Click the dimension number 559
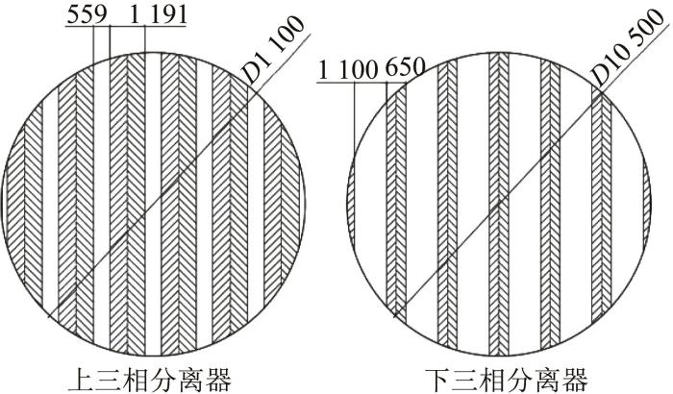pos(87,15)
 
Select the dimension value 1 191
pos(158,15)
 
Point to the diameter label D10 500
pos(628,47)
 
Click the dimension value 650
pos(406,68)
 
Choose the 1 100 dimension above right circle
pos(348,69)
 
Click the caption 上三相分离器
pos(150,380)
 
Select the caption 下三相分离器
pos(507,380)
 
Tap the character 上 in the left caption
pos(82,380)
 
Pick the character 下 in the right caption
pos(438,380)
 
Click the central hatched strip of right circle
pos(499,205)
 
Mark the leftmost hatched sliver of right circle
pos(351,205)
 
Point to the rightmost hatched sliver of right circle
pos(647,205)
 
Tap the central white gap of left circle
pos(153,205)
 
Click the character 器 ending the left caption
pos(218,380)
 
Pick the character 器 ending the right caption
pos(575,380)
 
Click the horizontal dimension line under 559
pos(126,26)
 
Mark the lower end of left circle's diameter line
pos(47,318)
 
